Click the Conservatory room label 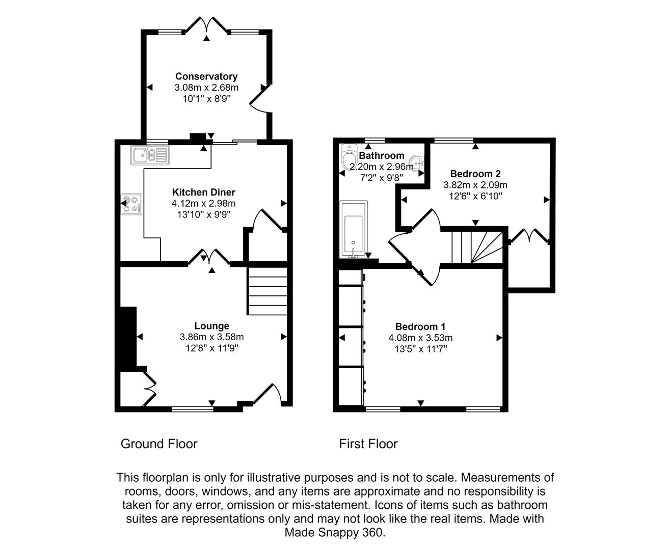[206, 76]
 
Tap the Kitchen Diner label [204, 192]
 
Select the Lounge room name [211, 326]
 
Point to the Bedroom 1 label [420, 326]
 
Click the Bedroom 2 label [475, 174]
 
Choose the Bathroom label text [382, 156]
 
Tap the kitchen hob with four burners [131, 204]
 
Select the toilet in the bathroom [350, 158]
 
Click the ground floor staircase [267, 291]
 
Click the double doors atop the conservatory [206, 25]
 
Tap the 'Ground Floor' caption [159, 444]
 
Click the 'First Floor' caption [368, 444]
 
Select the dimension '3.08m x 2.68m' [206, 88]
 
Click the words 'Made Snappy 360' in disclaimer [334, 533]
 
